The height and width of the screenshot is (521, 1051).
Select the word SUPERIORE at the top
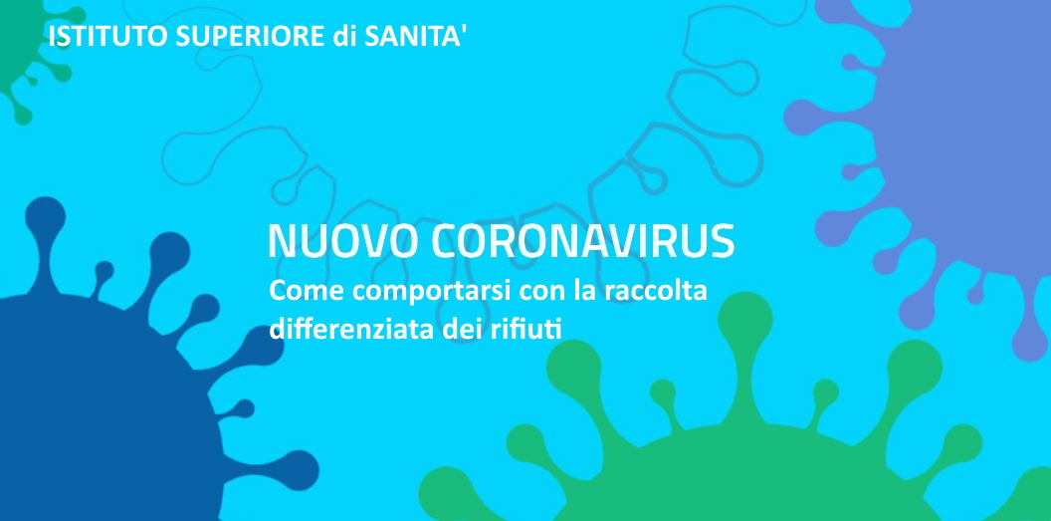pos(250,36)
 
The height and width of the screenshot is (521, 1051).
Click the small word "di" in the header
pos(344,36)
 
